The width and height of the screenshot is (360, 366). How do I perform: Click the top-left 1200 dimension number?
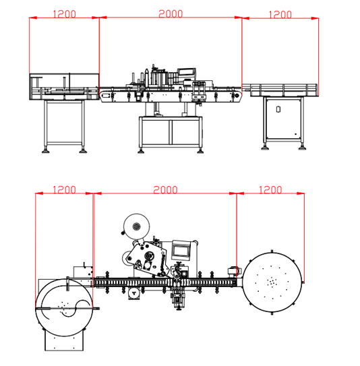[x=64, y=13]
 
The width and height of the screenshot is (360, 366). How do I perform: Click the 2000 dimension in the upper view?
[x=171, y=13]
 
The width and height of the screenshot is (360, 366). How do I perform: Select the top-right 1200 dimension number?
[x=280, y=13]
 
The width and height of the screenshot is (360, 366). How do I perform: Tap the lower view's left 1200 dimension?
[x=64, y=190]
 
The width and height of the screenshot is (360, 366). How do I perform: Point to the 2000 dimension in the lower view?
[x=164, y=190]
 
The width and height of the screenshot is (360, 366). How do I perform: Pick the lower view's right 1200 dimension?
[x=270, y=190]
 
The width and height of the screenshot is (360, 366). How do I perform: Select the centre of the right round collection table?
[x=272, y=282]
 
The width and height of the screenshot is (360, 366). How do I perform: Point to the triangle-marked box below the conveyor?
[x=135, y=294]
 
